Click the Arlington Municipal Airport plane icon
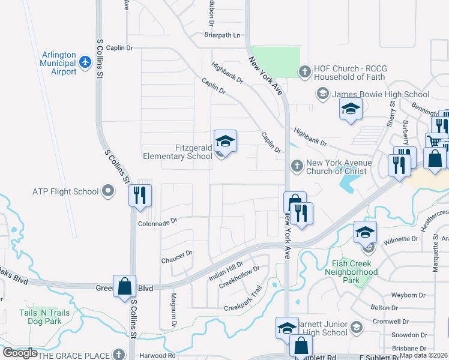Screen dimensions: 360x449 (85, 62)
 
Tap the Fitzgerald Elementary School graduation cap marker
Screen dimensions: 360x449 (225, 142)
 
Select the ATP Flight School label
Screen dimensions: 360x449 (65, 192)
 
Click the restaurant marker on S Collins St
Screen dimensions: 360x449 (140, 195)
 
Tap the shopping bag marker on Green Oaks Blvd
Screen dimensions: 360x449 (124, 286)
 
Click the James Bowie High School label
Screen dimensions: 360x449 (381, 94)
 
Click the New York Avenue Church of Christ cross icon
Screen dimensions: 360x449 (296, 166)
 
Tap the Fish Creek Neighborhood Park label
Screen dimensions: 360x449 (355, 272)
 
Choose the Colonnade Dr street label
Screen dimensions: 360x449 (158, 221)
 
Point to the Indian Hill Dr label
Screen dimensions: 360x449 (226, 271)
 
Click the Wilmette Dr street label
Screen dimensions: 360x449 (400, 239)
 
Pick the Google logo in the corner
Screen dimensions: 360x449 (20, 352)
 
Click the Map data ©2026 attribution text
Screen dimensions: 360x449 (424, 355)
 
